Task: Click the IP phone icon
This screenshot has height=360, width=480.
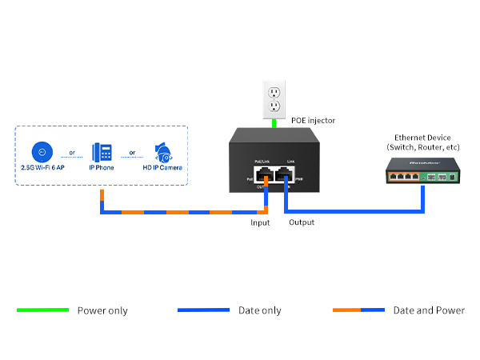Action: (102, 152)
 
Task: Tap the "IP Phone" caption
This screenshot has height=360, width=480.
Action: (102, 168)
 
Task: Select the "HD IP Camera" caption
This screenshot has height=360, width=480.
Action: (162, 168)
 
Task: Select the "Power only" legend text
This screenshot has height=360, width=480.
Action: (102, 310)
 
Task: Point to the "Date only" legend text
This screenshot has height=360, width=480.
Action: (260, 310)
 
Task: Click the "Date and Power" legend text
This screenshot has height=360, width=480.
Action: (429, 310)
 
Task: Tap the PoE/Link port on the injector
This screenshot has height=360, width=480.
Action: (263, 176)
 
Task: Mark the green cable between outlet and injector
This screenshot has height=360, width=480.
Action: (274, 122)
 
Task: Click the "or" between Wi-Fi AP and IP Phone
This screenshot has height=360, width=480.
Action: (72, 153)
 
